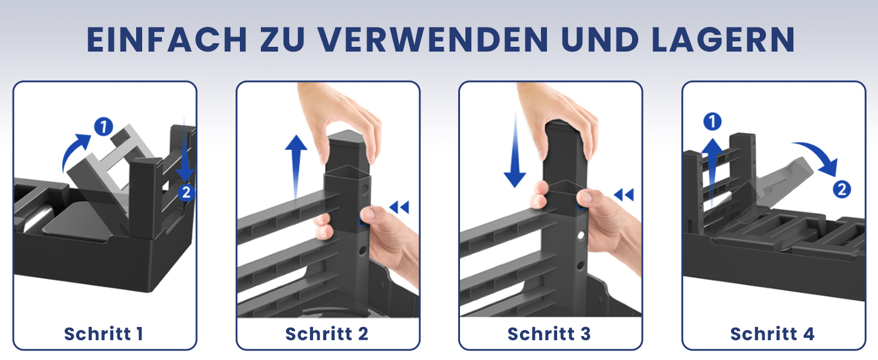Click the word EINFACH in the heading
click(x=167, y=40)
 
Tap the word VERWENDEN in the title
click(x=433, y=40)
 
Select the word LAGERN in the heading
click(x=723, y=40)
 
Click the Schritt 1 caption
click(x=104, y=334)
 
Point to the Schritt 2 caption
click(x=327, y=334)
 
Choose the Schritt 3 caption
click(x=549, y=334)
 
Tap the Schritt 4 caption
click(x=772, y=334)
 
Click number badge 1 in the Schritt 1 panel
click(x=104, y=127)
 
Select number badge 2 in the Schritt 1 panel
click(x=186, y=192)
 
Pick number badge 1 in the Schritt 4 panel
click(x=712, y=122)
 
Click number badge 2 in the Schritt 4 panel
click(x=842, y=190)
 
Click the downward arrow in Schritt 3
click(x=515, y=151)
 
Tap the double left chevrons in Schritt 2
click(x=399, y=207)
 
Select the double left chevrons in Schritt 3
click(x=624, y=194)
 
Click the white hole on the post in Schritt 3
click(x=581, y=236)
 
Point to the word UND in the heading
click(x=600, y=40)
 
